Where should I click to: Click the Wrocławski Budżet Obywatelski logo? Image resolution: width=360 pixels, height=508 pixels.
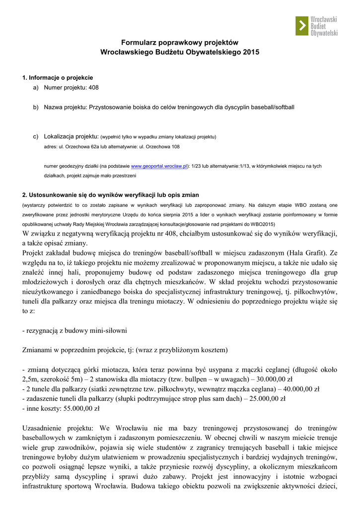(x=316, y=26)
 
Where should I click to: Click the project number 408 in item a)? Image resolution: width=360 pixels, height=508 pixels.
(x=93, y=88)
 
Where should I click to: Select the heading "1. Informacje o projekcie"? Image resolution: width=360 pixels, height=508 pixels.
(x=58, y=77)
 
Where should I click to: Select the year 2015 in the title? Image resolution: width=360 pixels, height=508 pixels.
(x=251, y=52)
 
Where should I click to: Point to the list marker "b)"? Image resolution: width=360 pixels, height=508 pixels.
(x=36, y=107)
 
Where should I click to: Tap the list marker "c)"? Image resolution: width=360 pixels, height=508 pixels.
(x=36, y=136)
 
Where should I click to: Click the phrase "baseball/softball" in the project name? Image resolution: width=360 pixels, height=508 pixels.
(x=272, y=107)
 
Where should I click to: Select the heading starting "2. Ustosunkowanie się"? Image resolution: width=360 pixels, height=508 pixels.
(x=111, y=194)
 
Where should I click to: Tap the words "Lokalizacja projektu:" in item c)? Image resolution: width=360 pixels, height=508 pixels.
(x=71, y=136)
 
